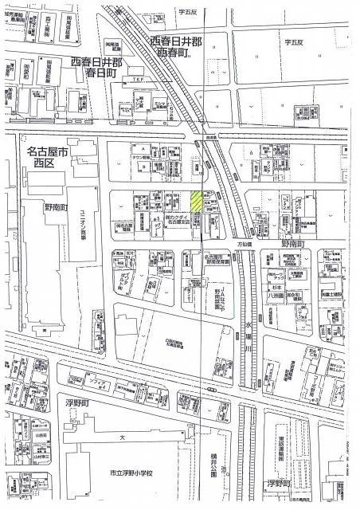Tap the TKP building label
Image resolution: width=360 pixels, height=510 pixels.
coord(138,79)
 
